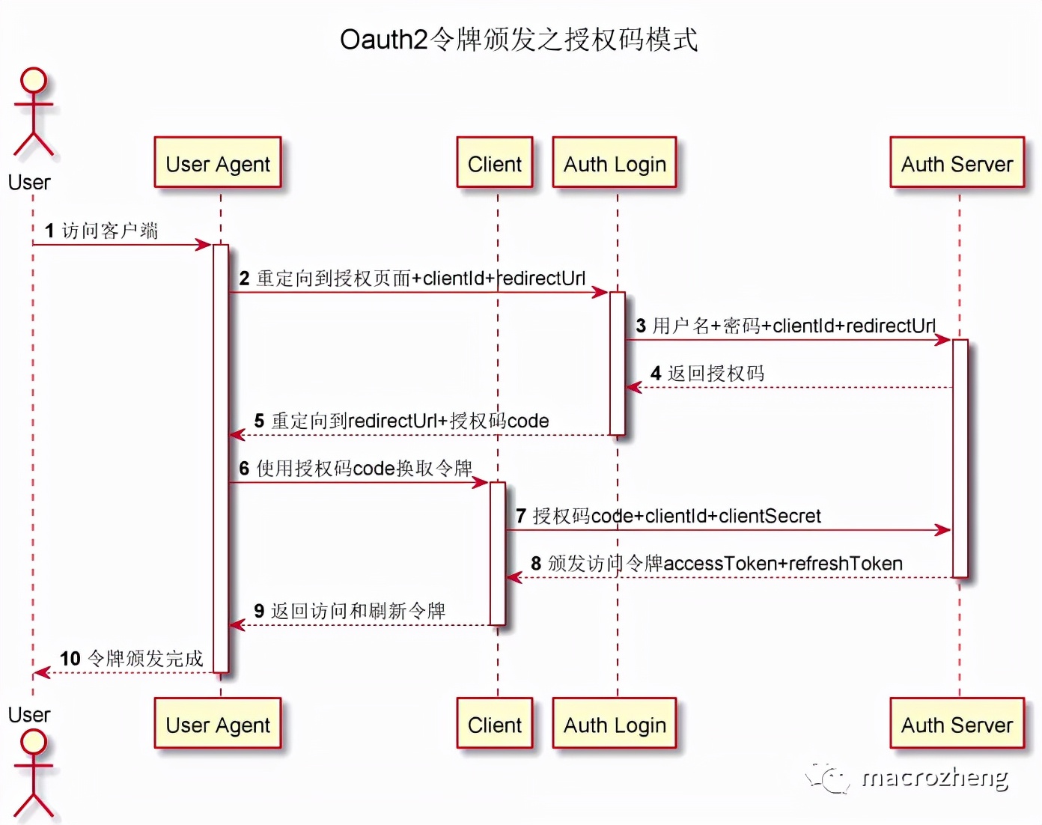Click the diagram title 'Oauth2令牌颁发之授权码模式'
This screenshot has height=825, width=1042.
pyautogui.click(x=519, y=40)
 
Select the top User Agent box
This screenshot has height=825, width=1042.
pyautogui.click(x=218, y=162)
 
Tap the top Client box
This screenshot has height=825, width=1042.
pyautogui.click(x=495, y=162)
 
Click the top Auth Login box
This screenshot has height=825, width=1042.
pyautogui.click(x=615, y=162)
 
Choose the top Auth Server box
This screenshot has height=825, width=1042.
pyautogui.click(x=957, y=162)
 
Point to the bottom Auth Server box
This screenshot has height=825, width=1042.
pyautogui.click(x=957, y=723)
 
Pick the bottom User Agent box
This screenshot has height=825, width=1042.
pyautogui.click(x=218, y=723)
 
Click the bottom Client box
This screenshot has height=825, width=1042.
pyautogui.click(x=495, y=723)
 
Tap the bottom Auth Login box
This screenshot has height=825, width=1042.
pyautogui.click(x=615, y=723)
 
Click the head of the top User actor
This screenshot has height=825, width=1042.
pyautogui.click(x=33, y=80)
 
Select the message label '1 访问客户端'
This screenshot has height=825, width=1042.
pyautogui.click(x=102, y=231)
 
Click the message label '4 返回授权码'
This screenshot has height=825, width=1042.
pyautogui.click(x=707, y=373)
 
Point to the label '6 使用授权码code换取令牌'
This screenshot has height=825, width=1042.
pyautogui.click(x=356, y=468)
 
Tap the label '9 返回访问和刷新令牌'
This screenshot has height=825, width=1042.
pyautogui.click(x=350, y=611)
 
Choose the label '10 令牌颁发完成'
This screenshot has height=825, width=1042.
pyautogui.click(x=132, y=658)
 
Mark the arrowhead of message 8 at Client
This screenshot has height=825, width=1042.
pyautogui.click(x=514, y=577)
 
